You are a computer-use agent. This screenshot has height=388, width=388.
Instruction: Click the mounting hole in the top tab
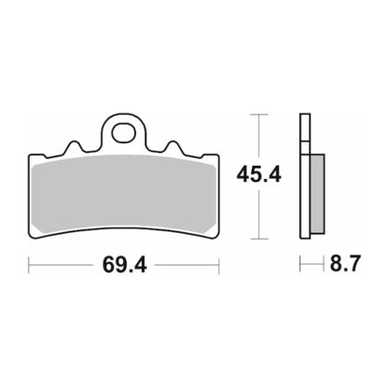pos(123,132)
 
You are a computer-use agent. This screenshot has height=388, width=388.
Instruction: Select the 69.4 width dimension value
pos(123,266)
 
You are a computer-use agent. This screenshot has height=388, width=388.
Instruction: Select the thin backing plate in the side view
pos(303,177)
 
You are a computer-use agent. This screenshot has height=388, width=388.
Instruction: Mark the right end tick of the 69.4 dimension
pos(217,267)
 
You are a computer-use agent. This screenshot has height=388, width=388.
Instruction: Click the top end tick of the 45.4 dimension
pos(259,116)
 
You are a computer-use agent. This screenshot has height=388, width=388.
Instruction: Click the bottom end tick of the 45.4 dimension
pos(259,235)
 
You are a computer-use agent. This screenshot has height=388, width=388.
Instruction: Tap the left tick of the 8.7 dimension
pos(299,267)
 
